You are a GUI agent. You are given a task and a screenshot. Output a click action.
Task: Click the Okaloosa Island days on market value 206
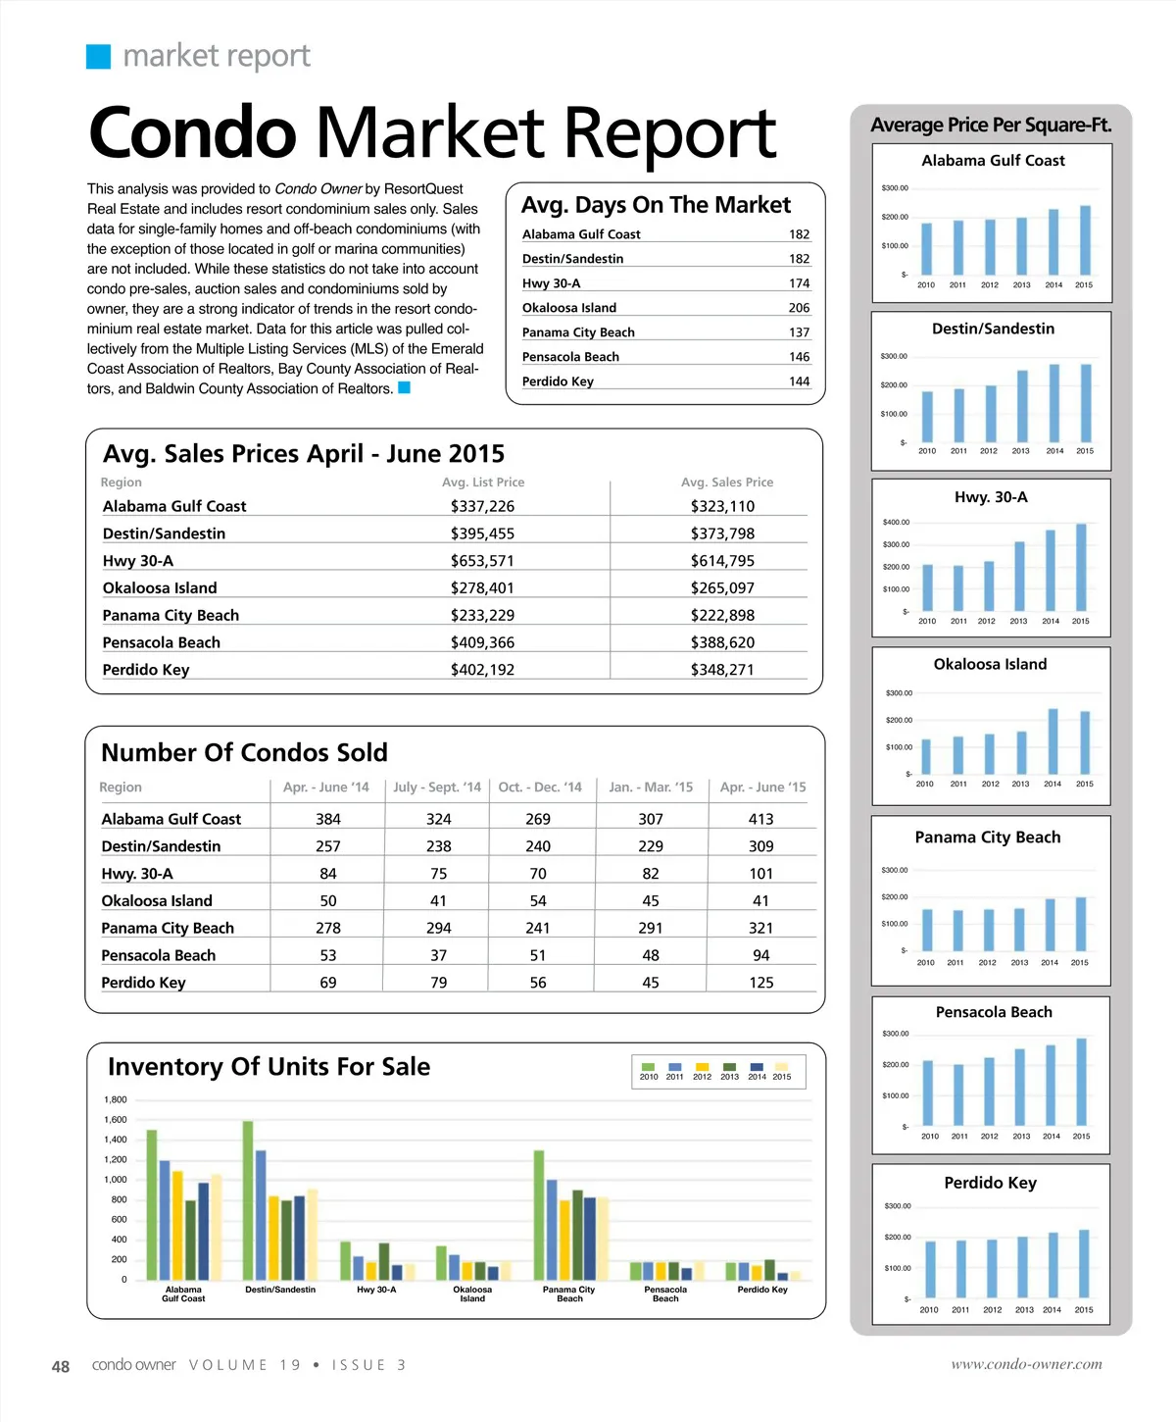[799, 308]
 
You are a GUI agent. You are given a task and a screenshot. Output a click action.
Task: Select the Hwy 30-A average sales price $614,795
[722, 561]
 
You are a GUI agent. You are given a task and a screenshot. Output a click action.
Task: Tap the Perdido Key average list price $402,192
[482, 670]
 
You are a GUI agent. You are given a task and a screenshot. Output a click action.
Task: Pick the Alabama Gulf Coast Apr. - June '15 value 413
[760, 819]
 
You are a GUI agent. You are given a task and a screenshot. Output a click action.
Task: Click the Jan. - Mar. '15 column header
[651, 787]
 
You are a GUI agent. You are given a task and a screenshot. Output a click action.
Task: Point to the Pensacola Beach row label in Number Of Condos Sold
[159, 955]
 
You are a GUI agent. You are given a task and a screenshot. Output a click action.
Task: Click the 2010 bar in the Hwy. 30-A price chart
[927, 587]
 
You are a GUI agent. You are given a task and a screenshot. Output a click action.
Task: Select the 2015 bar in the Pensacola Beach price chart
[1082, 1082]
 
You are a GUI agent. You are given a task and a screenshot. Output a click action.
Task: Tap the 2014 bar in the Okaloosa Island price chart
[1053, 741]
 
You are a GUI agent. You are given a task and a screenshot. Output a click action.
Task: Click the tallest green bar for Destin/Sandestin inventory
[248, 1200]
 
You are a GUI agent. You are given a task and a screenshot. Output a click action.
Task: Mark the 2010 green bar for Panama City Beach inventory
[539, 1215]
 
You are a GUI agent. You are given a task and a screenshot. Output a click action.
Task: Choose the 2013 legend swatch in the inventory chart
[729, 1067]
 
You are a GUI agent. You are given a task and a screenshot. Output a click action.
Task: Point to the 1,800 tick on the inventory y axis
[116, 1100]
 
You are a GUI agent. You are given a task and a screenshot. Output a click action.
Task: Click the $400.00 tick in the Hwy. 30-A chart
[896, 523]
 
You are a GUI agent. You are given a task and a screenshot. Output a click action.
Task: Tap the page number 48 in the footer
[61, 1366]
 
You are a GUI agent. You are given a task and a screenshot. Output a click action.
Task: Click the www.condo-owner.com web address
[1026, 1364]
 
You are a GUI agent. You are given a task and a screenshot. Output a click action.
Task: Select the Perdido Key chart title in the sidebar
[990, 1183]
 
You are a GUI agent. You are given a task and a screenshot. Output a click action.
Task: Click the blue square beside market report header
[99, 57]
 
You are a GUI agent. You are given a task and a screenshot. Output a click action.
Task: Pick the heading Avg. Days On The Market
[656, 205]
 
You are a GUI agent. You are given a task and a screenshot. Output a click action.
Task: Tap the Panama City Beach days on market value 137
[799, 332]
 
